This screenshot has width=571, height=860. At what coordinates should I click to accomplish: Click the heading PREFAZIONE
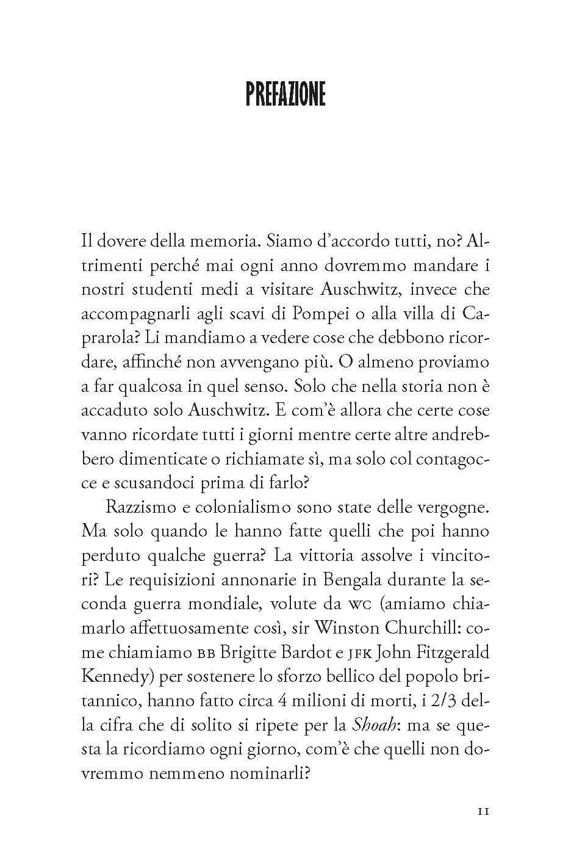[x=285, y=95]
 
